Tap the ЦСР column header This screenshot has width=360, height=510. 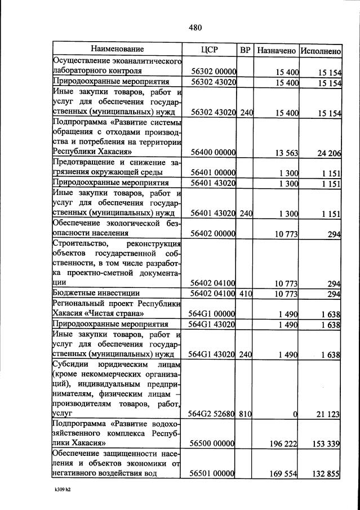point(209,50)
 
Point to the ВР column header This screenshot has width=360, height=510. point(245,50)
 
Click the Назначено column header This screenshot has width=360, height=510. point(276,50)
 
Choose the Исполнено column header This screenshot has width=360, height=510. point(321,50)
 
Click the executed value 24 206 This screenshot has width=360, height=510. point(327,152)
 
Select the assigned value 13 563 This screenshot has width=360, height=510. point(285,152)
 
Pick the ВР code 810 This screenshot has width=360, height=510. point(245,414)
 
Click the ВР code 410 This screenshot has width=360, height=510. point(245,294)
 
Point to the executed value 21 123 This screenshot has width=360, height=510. point(327,414)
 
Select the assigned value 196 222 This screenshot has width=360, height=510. point(283,444)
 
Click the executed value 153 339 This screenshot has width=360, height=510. point(325,444)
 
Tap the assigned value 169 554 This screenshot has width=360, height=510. point(283,474)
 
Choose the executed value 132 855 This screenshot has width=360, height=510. point(325,474)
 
